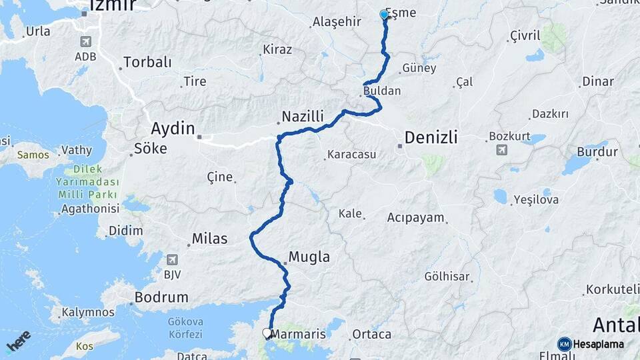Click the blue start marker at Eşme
coord(384,14)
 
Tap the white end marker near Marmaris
coord(267,333)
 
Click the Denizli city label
coord(431,137)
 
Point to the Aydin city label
coord(173,128)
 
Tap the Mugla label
coord(309,257)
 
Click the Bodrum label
coord(161,297)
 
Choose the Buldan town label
coord(382,90)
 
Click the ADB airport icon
coord(85,42)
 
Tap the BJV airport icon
coord(173,259)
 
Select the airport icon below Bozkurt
coord(501,149)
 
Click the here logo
coord(18,341)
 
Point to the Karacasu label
coord(351,155)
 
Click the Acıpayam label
coord(415,217)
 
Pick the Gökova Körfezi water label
coord(186,327)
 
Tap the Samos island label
coord(33,155)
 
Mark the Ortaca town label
coord(371,334)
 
